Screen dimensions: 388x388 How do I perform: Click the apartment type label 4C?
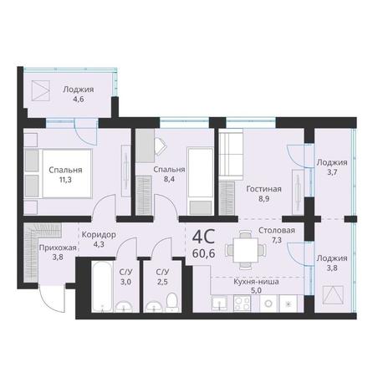tap(204, 237)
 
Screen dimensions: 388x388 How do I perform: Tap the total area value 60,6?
tap(204, 253)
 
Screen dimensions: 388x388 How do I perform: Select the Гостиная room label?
tap(263, 189)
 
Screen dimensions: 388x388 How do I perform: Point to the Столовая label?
tap(277, 231)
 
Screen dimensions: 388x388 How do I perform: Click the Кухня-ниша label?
tap(256, 282)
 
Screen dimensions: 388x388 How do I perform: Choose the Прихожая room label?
tap(58, 248)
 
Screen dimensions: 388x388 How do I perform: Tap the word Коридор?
tap(99, 235)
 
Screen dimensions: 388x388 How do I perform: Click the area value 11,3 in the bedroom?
tap(65, 180)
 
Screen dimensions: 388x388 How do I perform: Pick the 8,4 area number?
tap(169, 179)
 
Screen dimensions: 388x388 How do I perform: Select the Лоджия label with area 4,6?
tap(79, 89)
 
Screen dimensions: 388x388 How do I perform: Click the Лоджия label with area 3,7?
tap(332, 162)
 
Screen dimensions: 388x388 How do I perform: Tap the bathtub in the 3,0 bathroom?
tap(102, 286)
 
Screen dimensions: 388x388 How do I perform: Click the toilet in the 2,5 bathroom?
tap(171, 302)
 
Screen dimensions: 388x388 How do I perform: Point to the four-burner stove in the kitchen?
tap(242, 304)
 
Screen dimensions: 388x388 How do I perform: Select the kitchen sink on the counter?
tap(219, 304)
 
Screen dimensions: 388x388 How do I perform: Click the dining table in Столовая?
tap(246, 250)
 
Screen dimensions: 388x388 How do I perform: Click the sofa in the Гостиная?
tap(231, 153)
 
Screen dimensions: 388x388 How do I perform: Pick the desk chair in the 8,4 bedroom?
tap(161, 146)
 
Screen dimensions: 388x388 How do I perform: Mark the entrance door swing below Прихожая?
tap(52, 298)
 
